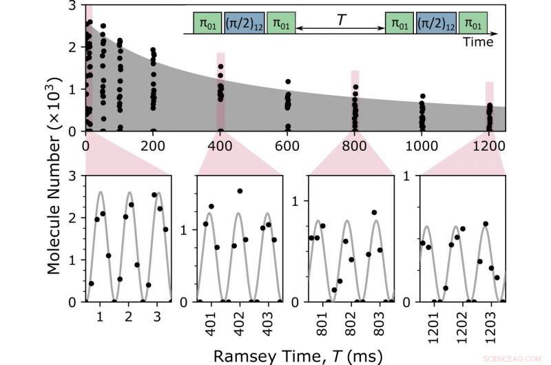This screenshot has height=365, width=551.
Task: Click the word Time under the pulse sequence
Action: [x=478, y=42]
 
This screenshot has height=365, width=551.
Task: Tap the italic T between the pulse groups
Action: [x=341, y=21]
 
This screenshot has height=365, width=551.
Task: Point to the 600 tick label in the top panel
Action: [x=287, y=146]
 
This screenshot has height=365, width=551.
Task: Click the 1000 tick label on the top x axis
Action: [x=422, y=146]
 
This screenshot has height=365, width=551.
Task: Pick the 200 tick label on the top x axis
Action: [x=153, y=146]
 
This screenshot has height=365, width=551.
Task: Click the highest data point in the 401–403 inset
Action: [x=240, y=191]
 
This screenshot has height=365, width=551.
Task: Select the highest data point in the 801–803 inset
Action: [x=374, y=212]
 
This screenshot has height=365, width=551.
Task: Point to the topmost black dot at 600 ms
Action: [x=288, y=82]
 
